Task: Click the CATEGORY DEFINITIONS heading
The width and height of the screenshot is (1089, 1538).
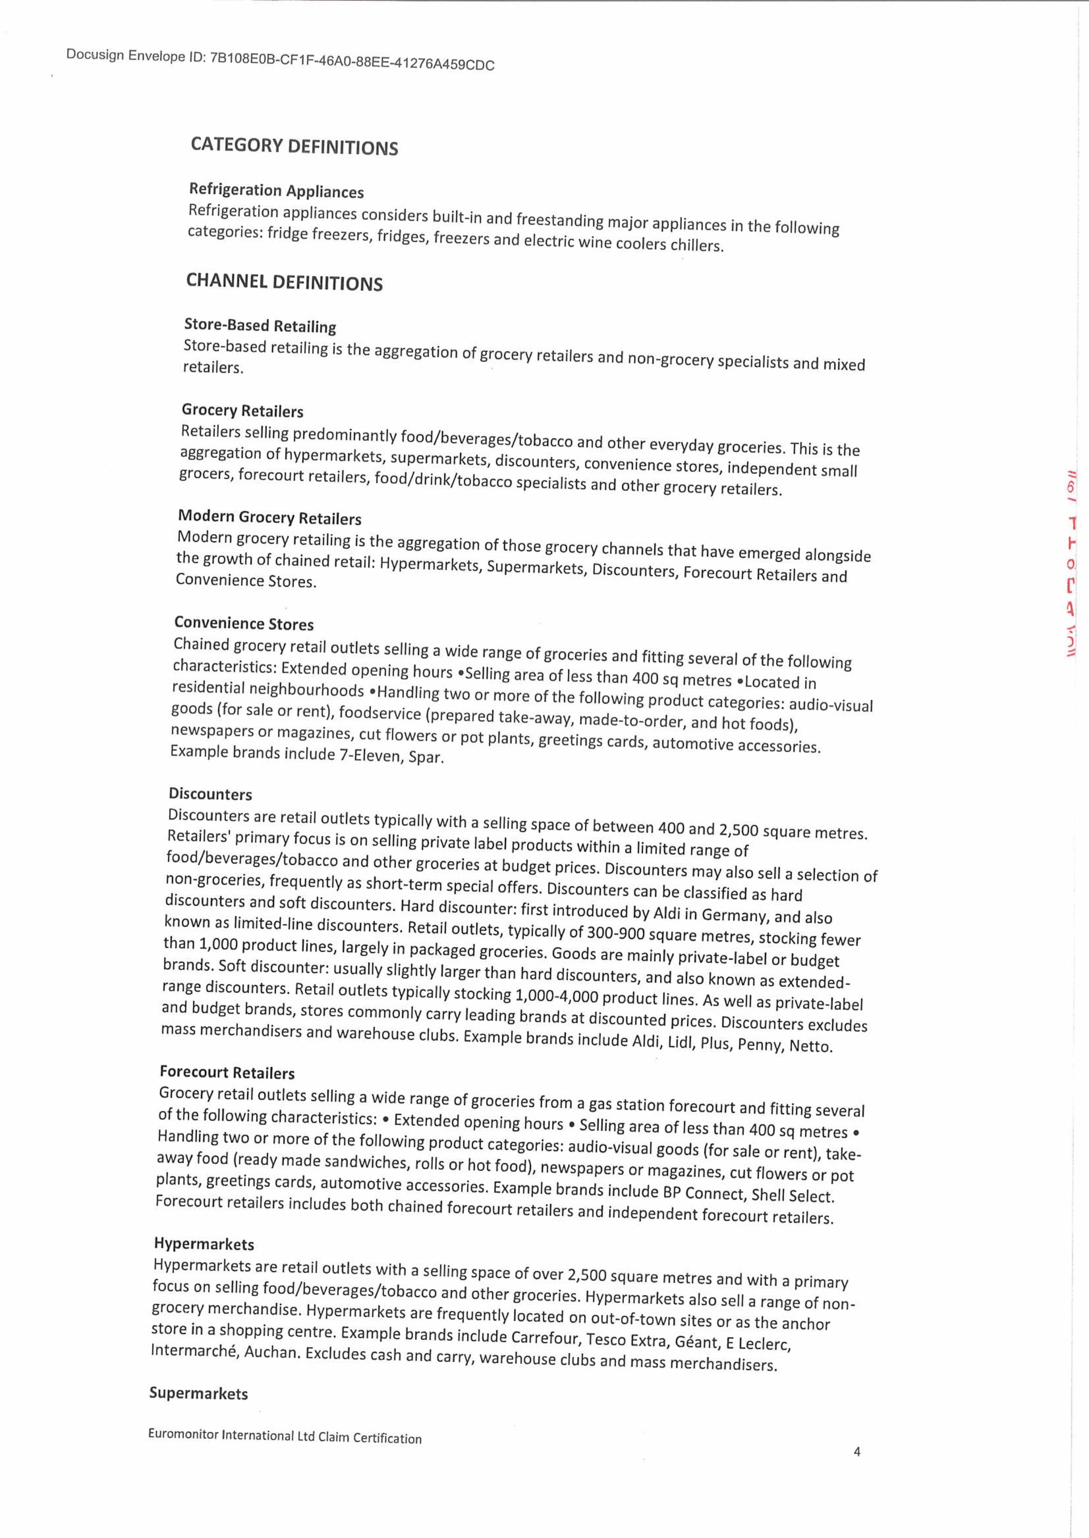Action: (x=294, y=146)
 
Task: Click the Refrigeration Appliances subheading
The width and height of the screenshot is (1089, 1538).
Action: (x=276, y=191)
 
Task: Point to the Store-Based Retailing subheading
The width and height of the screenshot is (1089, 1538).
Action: (x=260, y=326)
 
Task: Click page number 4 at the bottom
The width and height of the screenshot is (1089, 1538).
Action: (x=857, y=1452)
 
